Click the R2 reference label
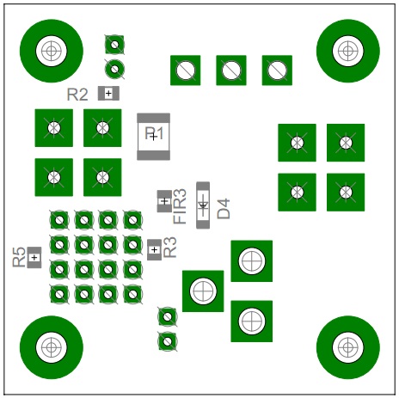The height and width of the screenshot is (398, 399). pyautogui.click(x=77, y=95)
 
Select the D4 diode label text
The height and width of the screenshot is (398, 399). pyautogui.click(x=224, y=209)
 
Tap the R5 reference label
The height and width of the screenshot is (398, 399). pyautogui.click(x=19, y=257)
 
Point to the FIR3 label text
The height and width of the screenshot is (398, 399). pyautogui.click(x=180, y=206)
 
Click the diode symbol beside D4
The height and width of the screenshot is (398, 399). pyautogui.click(x=203, y=205)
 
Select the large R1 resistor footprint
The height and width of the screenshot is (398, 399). pyautogui.click(x=154, y=137)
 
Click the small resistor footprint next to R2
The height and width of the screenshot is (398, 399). pyautogui.click(x=108, y=94)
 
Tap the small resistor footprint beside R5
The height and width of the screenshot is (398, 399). pyautogui.click(x=34, y=257)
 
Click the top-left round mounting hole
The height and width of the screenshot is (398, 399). pyautogui.click(x=52, y=51)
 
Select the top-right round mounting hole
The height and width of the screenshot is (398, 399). pyautogui.click(x=348, y=51)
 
